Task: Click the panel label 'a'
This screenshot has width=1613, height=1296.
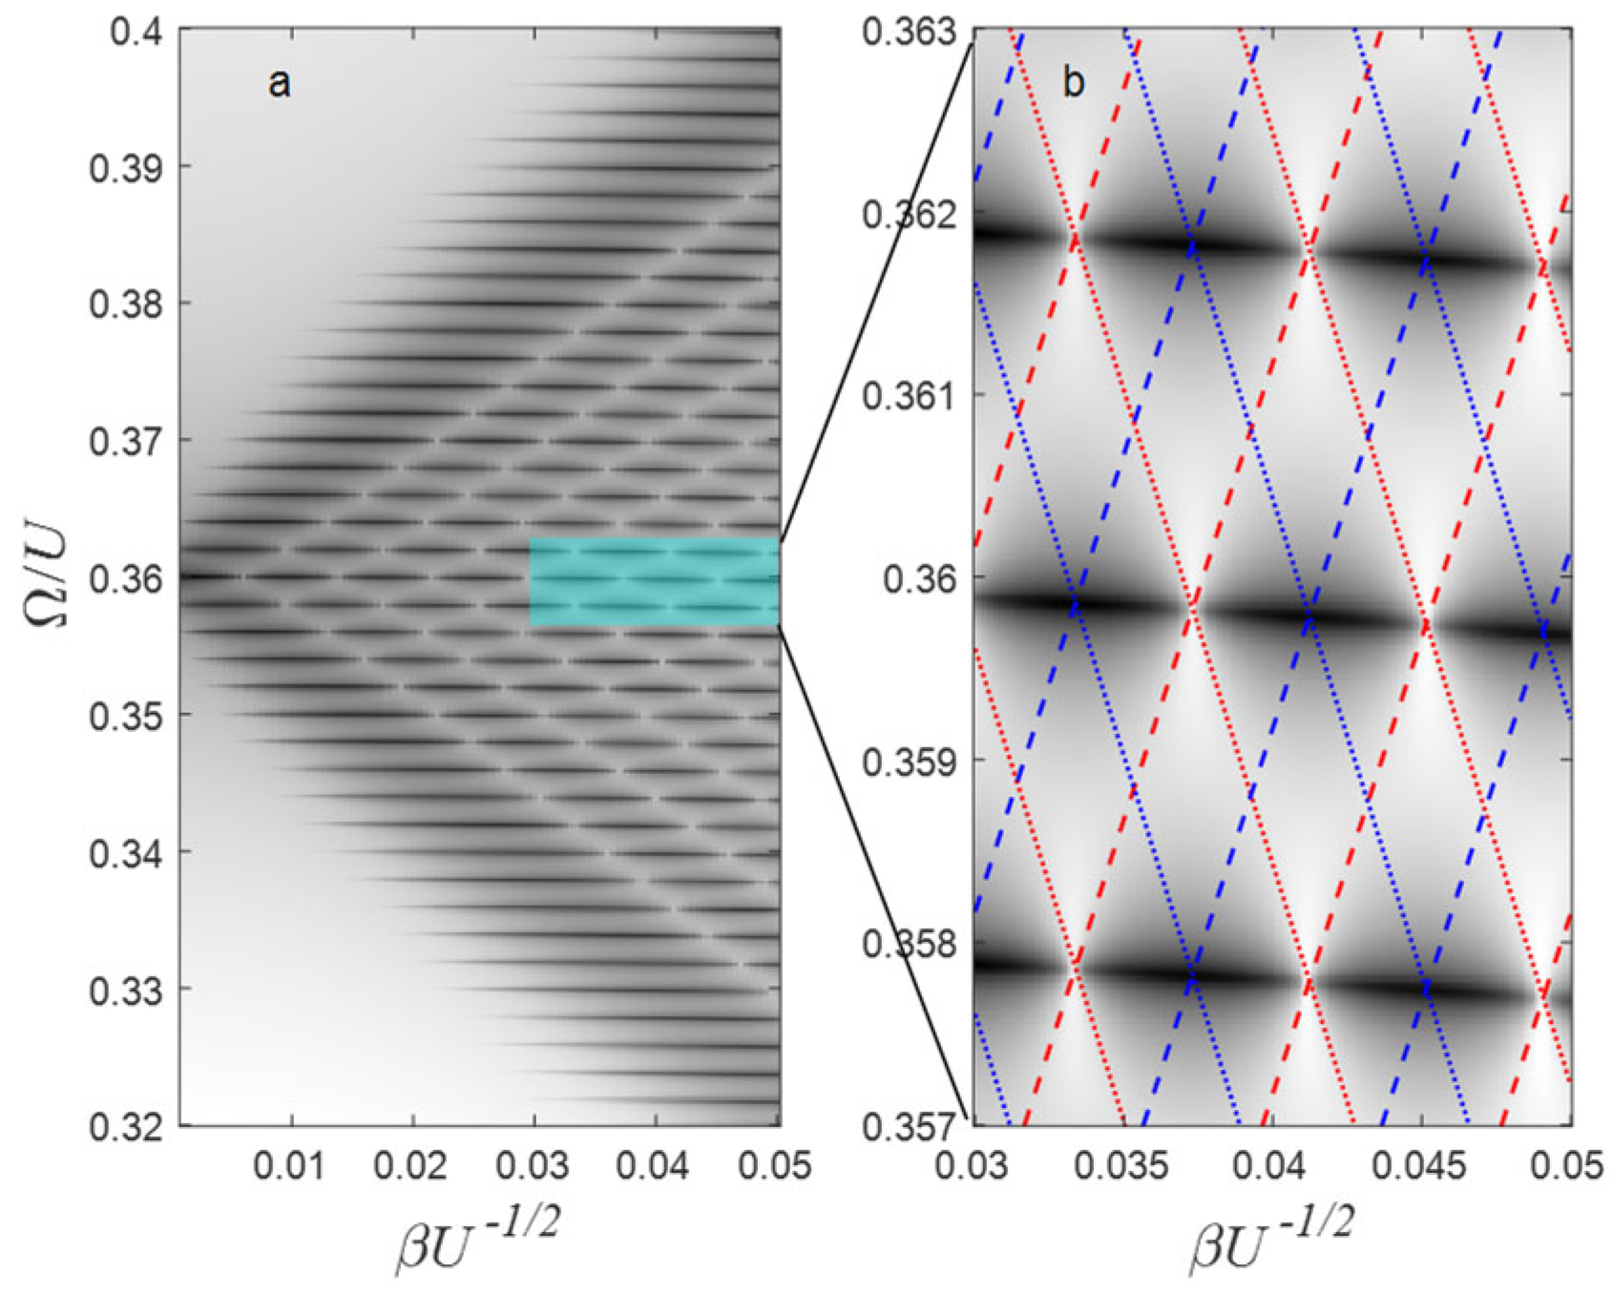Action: click(279, 84)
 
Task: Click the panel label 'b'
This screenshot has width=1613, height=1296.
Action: click(1074, 84)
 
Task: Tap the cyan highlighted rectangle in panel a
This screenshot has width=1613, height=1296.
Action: click(655, 582)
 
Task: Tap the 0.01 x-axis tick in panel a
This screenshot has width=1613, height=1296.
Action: click(292, 1167)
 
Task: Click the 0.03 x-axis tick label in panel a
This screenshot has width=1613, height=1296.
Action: click(534, 1167)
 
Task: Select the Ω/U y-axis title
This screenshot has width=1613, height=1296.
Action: click(46, 577)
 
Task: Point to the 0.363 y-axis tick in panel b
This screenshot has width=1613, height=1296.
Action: click(908, 31)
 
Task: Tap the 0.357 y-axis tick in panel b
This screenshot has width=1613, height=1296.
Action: click(908, 1126)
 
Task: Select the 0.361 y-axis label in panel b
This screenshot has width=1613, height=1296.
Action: click(908, 395)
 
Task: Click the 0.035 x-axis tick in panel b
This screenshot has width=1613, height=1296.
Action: click(1122, 1167)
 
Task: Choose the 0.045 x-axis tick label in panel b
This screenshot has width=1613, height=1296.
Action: click(1421, 1167)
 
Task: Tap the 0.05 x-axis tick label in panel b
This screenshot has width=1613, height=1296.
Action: click(1570, 1167)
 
